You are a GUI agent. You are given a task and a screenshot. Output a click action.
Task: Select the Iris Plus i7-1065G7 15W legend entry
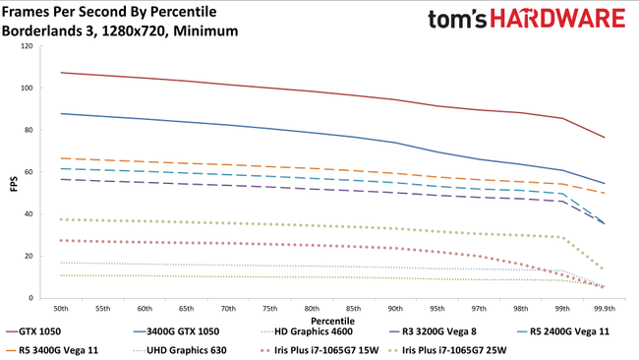[324, 349]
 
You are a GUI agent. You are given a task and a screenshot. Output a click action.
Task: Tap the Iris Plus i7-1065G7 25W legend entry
[477, 349]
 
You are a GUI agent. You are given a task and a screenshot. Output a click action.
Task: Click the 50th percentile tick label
[61, 307]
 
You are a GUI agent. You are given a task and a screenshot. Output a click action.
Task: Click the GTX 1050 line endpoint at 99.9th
[604, 137]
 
